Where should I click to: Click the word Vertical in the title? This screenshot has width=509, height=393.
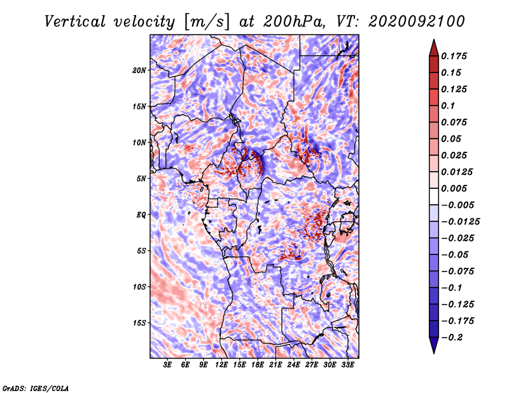pyautogui.click(x=74, y=22)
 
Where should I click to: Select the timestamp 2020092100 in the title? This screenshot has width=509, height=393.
pyautogui.click(x=417, y=22)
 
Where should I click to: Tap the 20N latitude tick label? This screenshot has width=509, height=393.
pyautogui.click(x=139, y=71)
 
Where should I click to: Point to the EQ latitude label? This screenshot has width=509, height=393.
pyautogui.click(x=141, y=215)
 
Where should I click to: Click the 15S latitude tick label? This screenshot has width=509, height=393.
pyautogui.click(x=139, y=323)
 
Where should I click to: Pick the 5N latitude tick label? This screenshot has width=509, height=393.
pyautogui.click(x=141, y=179)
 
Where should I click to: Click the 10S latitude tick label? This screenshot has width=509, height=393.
pyautogui.click(x=139, y=287)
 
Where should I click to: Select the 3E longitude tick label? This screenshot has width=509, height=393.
pyautogui.click(x=167, y=365)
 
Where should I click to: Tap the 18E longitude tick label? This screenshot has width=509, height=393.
pyautogui.click(x=258, y=365)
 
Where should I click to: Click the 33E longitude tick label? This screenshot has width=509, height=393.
pyautogui.click(x=347, y=365)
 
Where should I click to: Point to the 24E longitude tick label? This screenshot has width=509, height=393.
pyautogui.click(x=293, y=365)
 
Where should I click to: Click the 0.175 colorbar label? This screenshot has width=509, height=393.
pyautogui.click(x=454, y=56)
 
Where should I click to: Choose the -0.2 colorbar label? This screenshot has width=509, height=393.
pyautogui.click(x=452, y=338)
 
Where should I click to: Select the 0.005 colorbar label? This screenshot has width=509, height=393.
pyautogui.click(x=454, y=188)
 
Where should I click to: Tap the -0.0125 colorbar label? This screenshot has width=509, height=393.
pyautogui.click(x=460, y=222)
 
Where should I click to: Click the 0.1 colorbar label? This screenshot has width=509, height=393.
pyautogui.click(x=448, y=106)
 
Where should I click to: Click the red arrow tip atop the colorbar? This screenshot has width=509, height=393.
pyautogui.click(x=434, y=39)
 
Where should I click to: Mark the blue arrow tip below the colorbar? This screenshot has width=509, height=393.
pyautogui.click(x=434, y=353)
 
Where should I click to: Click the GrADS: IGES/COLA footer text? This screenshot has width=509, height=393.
pyautogui.click(x=36, y=389)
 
